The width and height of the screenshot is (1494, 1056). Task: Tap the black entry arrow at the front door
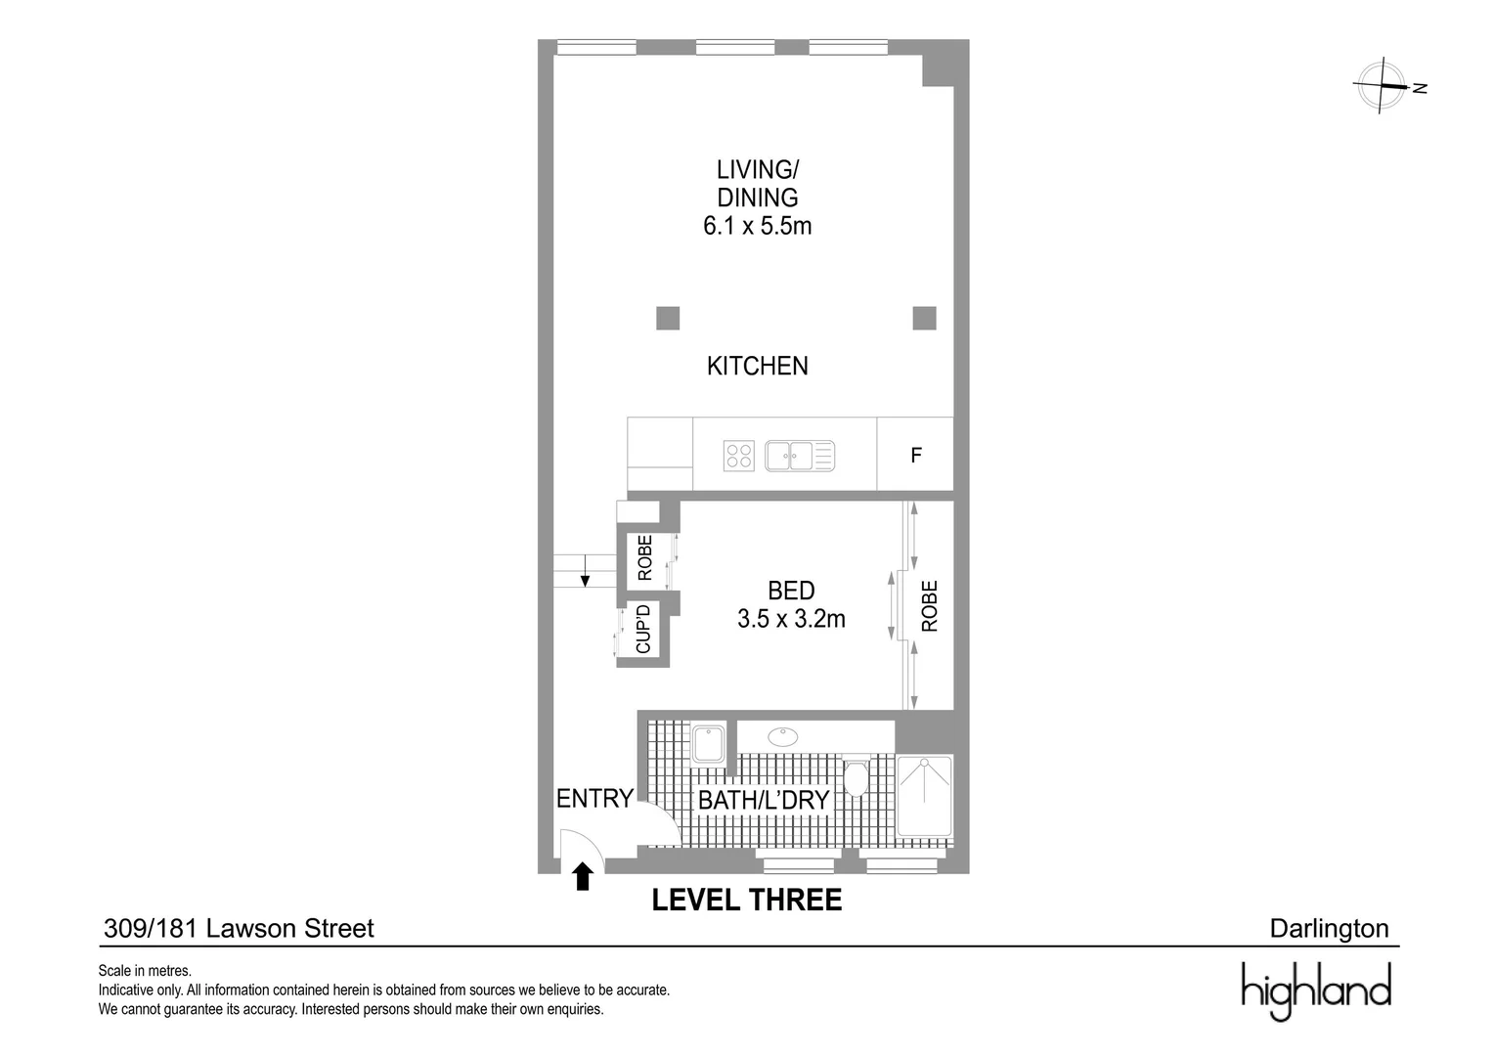(583, 876)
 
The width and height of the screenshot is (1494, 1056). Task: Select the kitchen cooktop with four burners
(738, 456)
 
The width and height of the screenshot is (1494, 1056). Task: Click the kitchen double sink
(799, 456)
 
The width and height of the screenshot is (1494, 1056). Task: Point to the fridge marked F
(915, 456)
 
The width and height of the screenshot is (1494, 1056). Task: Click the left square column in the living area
(667, 318)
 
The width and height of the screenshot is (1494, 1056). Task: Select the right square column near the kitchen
(924, 318)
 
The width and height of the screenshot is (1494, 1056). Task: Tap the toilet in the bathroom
(856, 777)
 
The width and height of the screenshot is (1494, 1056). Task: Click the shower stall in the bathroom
(924, 796)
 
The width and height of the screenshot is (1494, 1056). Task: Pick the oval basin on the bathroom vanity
(782, 736)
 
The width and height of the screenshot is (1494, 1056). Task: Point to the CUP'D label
(643, 629)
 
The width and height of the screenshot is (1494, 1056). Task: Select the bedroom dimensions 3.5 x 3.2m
(791, 619)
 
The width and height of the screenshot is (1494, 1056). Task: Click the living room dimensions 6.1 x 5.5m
(757, 226)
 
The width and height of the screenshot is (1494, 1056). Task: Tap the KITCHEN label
(757, 366)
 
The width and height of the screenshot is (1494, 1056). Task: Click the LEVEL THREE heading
(746, 901)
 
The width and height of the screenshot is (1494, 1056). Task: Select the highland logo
(1315, 990)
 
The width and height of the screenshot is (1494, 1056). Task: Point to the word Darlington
(1328, 928)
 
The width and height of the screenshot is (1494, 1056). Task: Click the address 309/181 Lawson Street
(239, 928)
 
